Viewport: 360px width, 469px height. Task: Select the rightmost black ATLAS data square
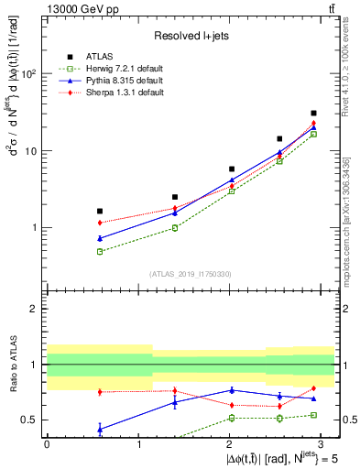(313, 114)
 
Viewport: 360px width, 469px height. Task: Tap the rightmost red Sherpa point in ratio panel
(313, 388)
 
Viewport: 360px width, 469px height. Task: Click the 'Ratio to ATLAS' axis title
(13, 364)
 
